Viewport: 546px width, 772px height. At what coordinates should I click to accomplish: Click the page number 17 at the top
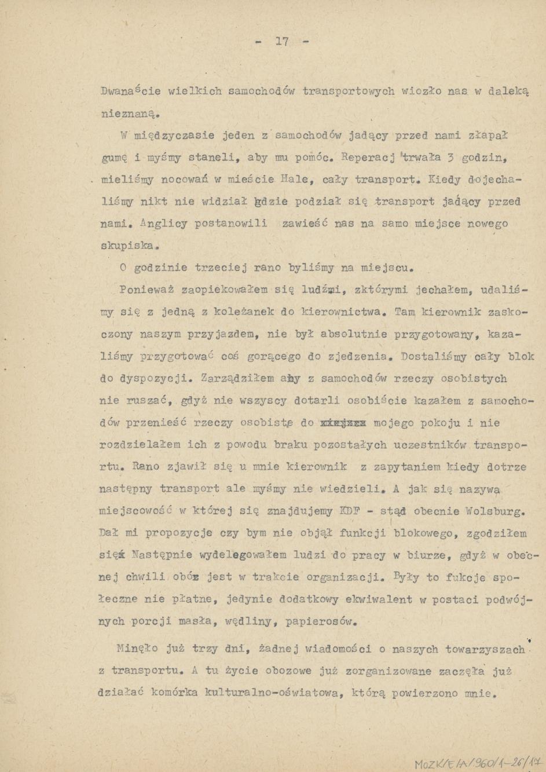[x=282, y=41]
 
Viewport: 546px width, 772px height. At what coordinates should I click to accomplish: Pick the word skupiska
[x=127, y=246]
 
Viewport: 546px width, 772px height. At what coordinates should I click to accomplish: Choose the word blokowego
[x=424, y=533]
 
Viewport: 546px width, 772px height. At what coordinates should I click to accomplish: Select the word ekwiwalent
[x=379, y=599]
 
